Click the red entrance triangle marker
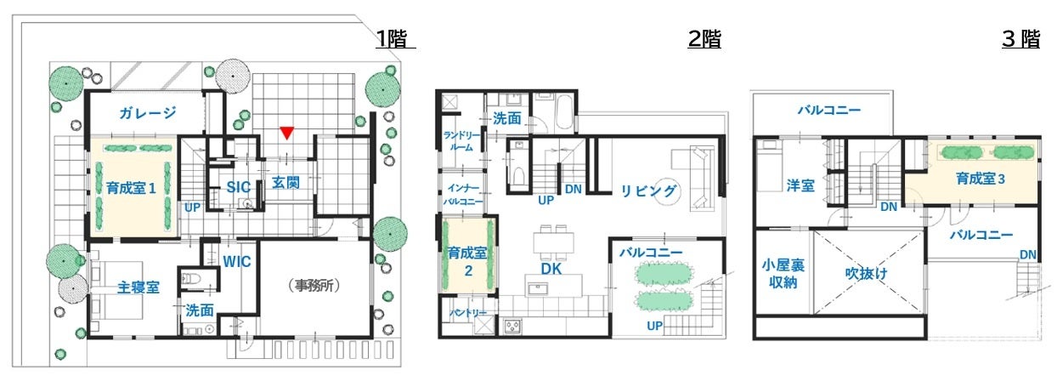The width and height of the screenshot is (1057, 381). [287, 133]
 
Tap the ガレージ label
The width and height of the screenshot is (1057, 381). [148, 113]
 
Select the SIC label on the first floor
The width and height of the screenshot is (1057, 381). [238, 187]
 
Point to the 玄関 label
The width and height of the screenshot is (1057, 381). [285, 183]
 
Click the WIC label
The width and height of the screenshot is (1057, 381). [237, 262]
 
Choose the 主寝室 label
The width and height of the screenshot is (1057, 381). [138, 287]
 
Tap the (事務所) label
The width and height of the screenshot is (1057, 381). [314, 285]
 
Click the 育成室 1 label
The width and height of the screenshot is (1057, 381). [131, 189]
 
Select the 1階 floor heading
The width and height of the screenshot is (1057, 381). [391, 39]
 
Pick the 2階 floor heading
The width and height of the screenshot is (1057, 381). [704, 39]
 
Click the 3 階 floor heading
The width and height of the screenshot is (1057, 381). [1021, 39]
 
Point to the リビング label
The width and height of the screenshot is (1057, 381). [648, 191]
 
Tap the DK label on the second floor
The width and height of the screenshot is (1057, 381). [551, 269]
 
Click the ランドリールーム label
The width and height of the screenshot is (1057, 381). [461, 141]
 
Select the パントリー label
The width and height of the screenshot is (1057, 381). [467, 313]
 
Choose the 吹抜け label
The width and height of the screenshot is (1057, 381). [866, 273]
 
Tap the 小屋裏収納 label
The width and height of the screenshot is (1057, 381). [783, 274]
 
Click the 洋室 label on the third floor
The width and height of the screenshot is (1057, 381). [800, 185]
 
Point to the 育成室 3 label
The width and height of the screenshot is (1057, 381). [980, 179]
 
